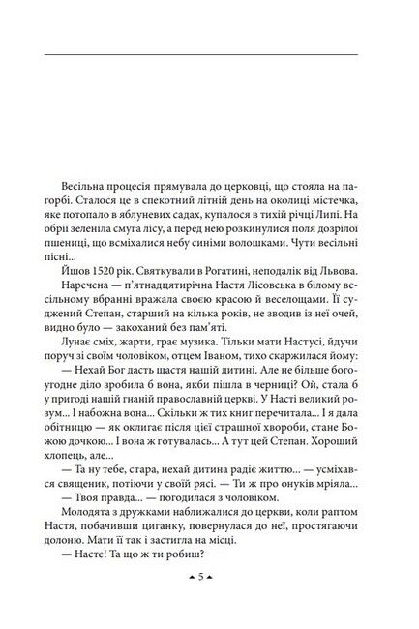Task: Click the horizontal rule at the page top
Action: click(x=209, y=54)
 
